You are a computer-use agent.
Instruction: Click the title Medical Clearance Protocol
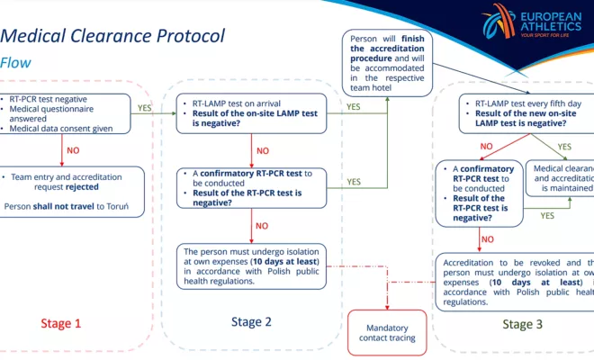[x=112, y=37]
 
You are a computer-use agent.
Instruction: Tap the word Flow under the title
[x=16, y=63]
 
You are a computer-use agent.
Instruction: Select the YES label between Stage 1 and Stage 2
[x=143, y=106]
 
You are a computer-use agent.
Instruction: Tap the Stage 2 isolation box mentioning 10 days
[x=251, y=265]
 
